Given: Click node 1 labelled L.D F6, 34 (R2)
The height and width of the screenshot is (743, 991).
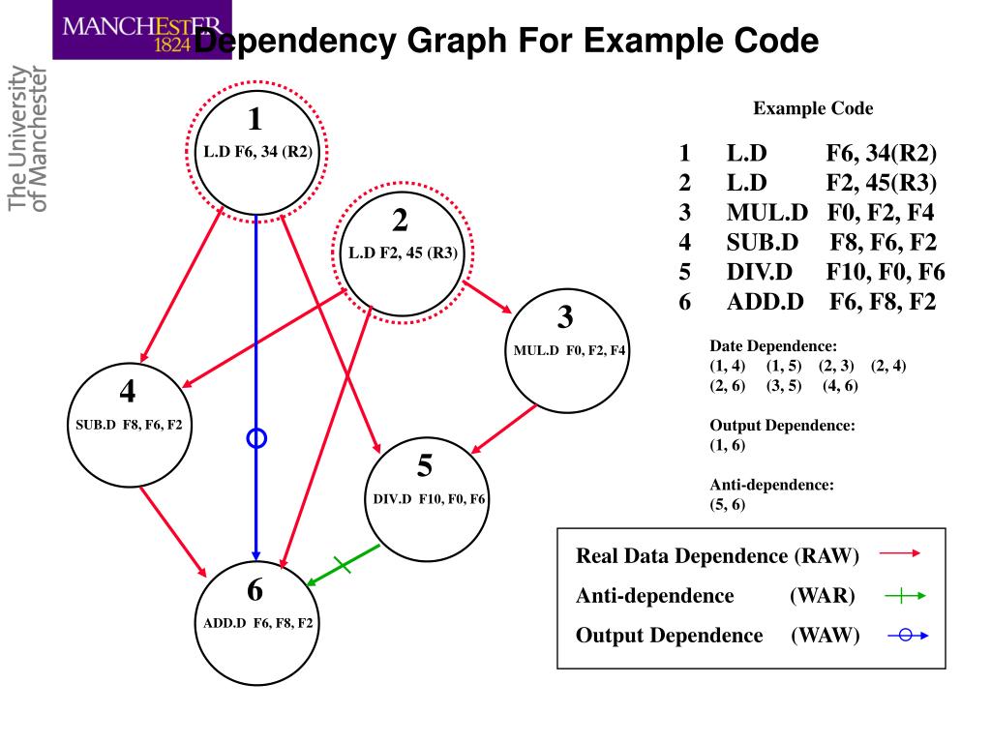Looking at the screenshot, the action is pyautogui.click(x=255, y=152).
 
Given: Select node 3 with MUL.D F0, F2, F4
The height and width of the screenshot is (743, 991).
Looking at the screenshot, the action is pyautogui.click(x=567, y=350).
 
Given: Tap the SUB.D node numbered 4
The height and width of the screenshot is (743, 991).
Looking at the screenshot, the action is pyautogui.click(x=130, y=425).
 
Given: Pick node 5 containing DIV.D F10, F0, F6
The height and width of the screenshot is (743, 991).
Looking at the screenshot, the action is pyautogui.click(x=427, y=499).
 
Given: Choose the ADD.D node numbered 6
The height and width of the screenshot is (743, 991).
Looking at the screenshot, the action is pyautogui.click(x=256, y=623).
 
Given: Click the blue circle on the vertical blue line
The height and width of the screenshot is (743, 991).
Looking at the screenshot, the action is pyautogui.click(x=255, y=438).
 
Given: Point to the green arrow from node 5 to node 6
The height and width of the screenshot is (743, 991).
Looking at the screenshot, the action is pyautogui.click(x=344, y=565).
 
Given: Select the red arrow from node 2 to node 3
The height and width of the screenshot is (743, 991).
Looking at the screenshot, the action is pyautogui.click(x=488, y=297).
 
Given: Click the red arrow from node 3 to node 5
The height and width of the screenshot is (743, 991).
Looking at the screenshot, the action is pyautogui.click(x=503, y=429).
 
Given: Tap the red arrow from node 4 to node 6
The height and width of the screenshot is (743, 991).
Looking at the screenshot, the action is pyautogui.click(x=173, y=531).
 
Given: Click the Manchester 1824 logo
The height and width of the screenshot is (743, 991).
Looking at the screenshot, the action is pyautogui.click(x=142, y=30).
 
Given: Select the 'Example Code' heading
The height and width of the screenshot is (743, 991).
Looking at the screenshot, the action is pyautogui.click(x=813, y=108).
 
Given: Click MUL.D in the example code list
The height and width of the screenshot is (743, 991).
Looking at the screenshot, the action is pyautogui.click(x=766, y=212).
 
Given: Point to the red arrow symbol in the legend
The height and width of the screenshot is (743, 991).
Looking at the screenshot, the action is pyautogui.click(x=900, y=553).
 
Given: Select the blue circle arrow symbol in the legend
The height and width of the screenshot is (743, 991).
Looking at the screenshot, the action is pyautogui.click(x=908, y=635).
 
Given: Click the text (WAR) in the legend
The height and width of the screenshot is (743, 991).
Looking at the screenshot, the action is pyautogui.click(x=823, y=596).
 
